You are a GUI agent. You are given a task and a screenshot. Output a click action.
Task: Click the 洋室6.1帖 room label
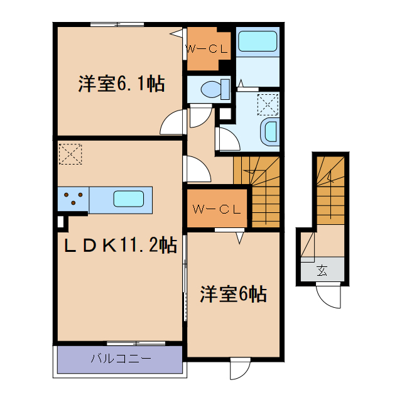[x=122, y=84]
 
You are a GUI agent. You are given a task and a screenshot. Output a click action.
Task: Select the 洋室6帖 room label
[x=233, y=293]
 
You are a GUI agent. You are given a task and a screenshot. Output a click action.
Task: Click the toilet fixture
[x=214, y=89]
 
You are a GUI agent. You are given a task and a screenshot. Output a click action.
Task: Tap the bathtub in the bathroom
[x=258, y=42]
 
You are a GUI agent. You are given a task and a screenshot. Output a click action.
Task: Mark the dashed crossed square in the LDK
[x=70, y=153]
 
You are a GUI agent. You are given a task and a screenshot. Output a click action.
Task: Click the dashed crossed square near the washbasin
[x=268, y=102]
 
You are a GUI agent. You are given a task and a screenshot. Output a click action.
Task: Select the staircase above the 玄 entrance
[x=330, y=188]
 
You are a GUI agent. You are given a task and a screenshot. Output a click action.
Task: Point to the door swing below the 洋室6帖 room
[x=241, y=370]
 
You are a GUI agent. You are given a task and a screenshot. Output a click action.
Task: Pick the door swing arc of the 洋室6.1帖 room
[x=172, y=122]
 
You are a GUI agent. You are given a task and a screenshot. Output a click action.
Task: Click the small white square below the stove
[x=61, y=221]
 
